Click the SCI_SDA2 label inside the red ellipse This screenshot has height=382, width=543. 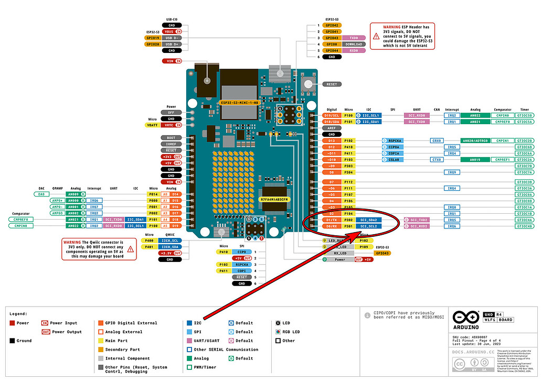click(x=368, y=220)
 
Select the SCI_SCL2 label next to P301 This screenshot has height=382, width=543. click(x=368, y=226)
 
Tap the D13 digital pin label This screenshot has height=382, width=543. click(x=332, y=140)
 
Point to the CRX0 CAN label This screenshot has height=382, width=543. click(x=436, y=140)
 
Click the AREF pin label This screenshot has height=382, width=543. click(x=332, y=128)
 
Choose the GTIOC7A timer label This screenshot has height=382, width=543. click(x=525, y=172)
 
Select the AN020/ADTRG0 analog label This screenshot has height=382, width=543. click(x=474, y=140)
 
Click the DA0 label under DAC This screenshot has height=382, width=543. click(x=42, y=194)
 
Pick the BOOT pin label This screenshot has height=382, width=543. click(x=171, y=138)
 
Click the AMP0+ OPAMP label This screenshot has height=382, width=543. click(x=57, y=200)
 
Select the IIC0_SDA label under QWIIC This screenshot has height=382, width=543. click(x=171, y=247)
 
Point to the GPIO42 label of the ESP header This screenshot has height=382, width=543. click(x=332, y=25)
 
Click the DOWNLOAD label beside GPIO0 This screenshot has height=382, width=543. click(x=354, y=45)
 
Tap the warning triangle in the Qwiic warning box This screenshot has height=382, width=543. click(x=131, y=250)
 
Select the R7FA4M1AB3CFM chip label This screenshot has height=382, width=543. click(x=274, y=200)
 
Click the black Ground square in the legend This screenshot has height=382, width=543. click(x=12, y=341)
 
